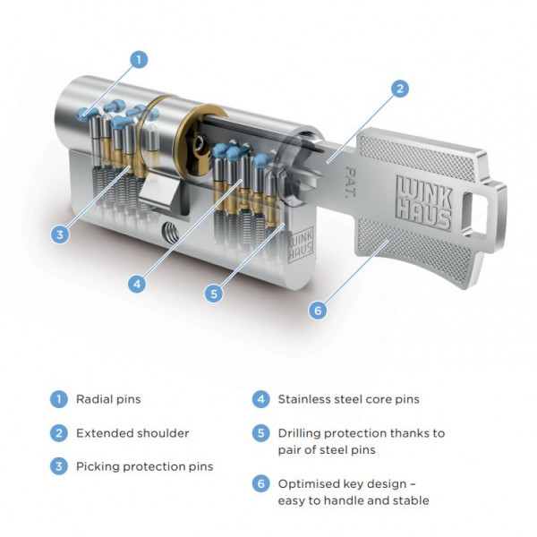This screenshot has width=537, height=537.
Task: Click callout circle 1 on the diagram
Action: [x=138, y=60]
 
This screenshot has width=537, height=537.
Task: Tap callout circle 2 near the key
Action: [x=401, y=89]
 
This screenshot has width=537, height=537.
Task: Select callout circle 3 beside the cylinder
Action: [x=60, y=234]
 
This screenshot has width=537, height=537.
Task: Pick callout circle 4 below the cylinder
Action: [x=136, y=284]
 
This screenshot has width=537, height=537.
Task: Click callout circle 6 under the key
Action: [x=315, y=311]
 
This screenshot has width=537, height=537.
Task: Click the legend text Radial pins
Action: [x=108, y=399]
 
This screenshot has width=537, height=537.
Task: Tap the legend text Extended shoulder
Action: [x=132, y=433]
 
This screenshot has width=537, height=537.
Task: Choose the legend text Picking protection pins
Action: [x=144, y=467]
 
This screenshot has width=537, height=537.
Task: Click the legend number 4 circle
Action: [x=261, y=399]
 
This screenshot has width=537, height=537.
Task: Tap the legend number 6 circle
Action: [x=261, y=483]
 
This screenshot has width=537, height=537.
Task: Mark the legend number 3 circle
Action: [x=58, y=467]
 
